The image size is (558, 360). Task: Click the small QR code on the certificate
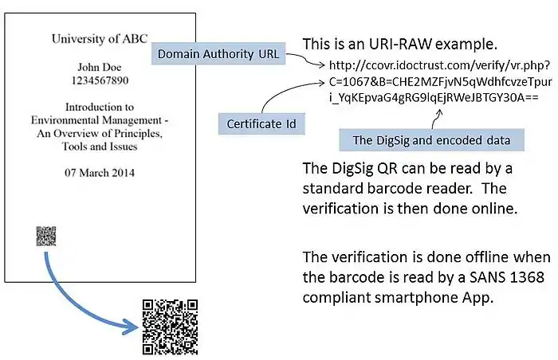point(46,236)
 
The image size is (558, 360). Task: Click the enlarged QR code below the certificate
point(170,326)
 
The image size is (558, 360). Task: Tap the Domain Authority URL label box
point(218,55)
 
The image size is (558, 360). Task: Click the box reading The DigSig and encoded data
point(431,140)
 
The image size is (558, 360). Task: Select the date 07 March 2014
point(100,172)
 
